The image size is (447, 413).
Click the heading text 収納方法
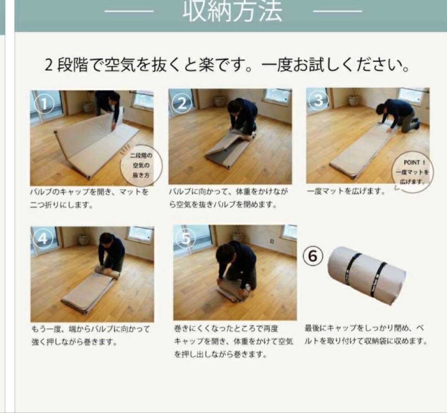click(232, 12)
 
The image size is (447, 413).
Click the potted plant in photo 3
click(354, 100)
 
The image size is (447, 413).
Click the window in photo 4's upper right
click(139, 234)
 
